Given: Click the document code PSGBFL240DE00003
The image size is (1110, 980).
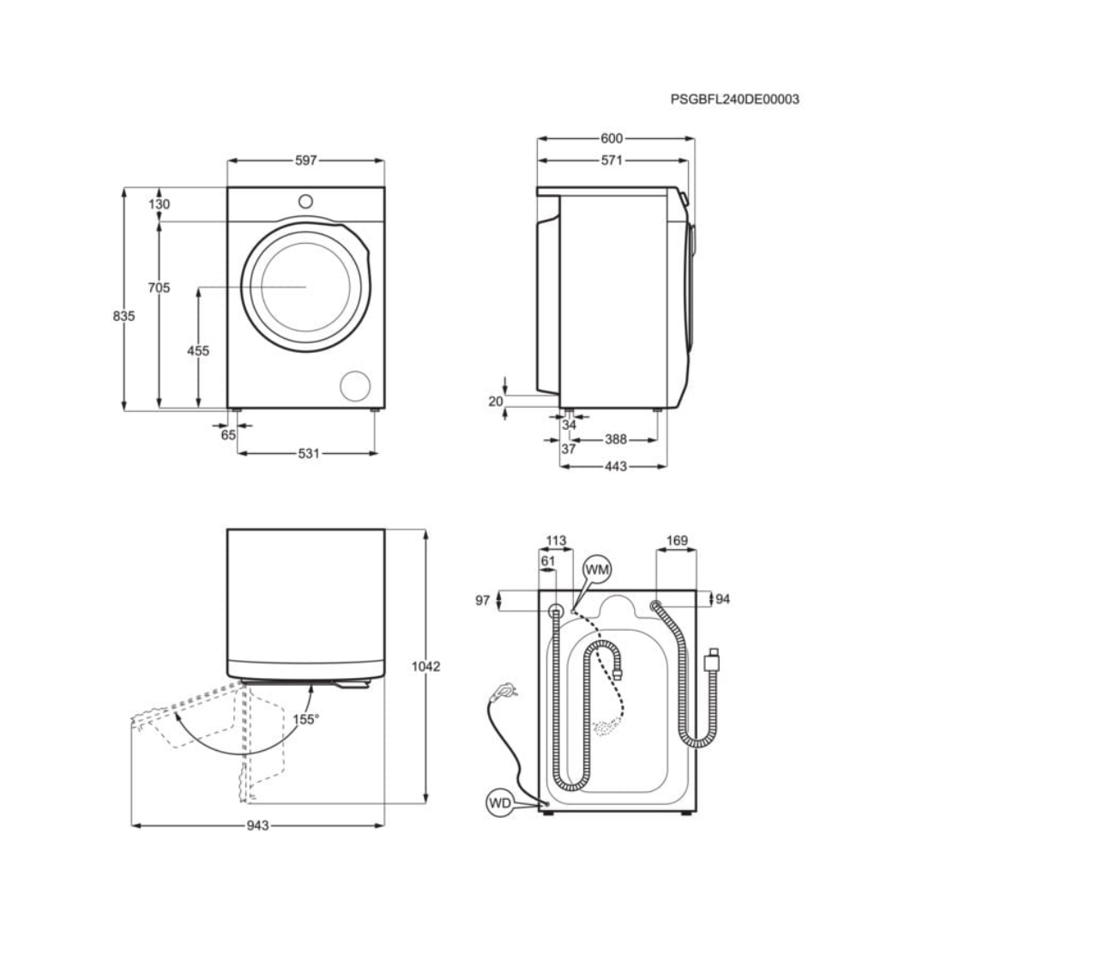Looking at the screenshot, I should tap(734, 99).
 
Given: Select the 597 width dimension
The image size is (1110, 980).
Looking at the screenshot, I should tap(305, 160).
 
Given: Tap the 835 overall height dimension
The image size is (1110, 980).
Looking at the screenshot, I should tap(124, 316).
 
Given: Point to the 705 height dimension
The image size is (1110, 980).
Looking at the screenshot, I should tap(159, 287).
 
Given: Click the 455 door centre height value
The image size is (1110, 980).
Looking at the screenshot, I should tap(198, 350).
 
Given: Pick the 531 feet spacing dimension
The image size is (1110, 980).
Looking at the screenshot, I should tap(308, 453).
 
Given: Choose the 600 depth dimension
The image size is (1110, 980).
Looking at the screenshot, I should tap(612, 138).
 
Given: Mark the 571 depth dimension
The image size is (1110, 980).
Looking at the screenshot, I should tap(612, 160).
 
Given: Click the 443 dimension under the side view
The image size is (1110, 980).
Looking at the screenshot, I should tap(615, 467).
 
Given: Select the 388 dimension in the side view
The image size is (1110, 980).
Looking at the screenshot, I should tap(615, 439).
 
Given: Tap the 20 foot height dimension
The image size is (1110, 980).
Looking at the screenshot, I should tap(496, 401).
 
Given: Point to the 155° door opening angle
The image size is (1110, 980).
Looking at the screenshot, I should tap(305, 719).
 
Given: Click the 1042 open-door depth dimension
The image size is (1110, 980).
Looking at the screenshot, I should tap(425, 666).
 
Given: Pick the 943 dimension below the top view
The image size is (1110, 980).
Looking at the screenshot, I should tap(257, 826).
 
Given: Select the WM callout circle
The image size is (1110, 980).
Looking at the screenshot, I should tap(597, 569).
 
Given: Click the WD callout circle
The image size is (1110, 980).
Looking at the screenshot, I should tap(499, 803).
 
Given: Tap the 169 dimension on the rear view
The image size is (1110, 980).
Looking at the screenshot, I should tap(677, 541).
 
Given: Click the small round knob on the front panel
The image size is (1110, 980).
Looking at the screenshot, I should tap(305, 201).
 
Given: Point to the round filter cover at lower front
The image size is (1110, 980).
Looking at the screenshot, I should tap(355, 386).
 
